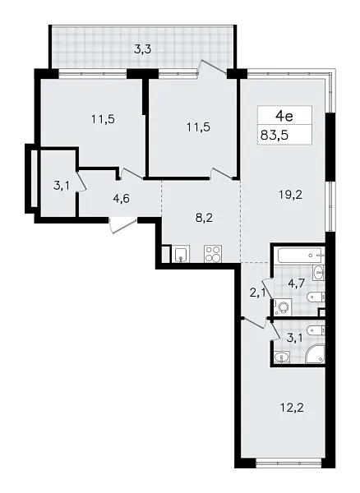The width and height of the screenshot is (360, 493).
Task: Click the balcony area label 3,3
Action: [x=142, y=48]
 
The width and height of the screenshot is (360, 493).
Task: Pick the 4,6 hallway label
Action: [x=122, y=197]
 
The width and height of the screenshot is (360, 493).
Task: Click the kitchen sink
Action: [x=182, y=254]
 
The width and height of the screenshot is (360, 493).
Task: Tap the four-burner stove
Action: [x=212, y=254]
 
